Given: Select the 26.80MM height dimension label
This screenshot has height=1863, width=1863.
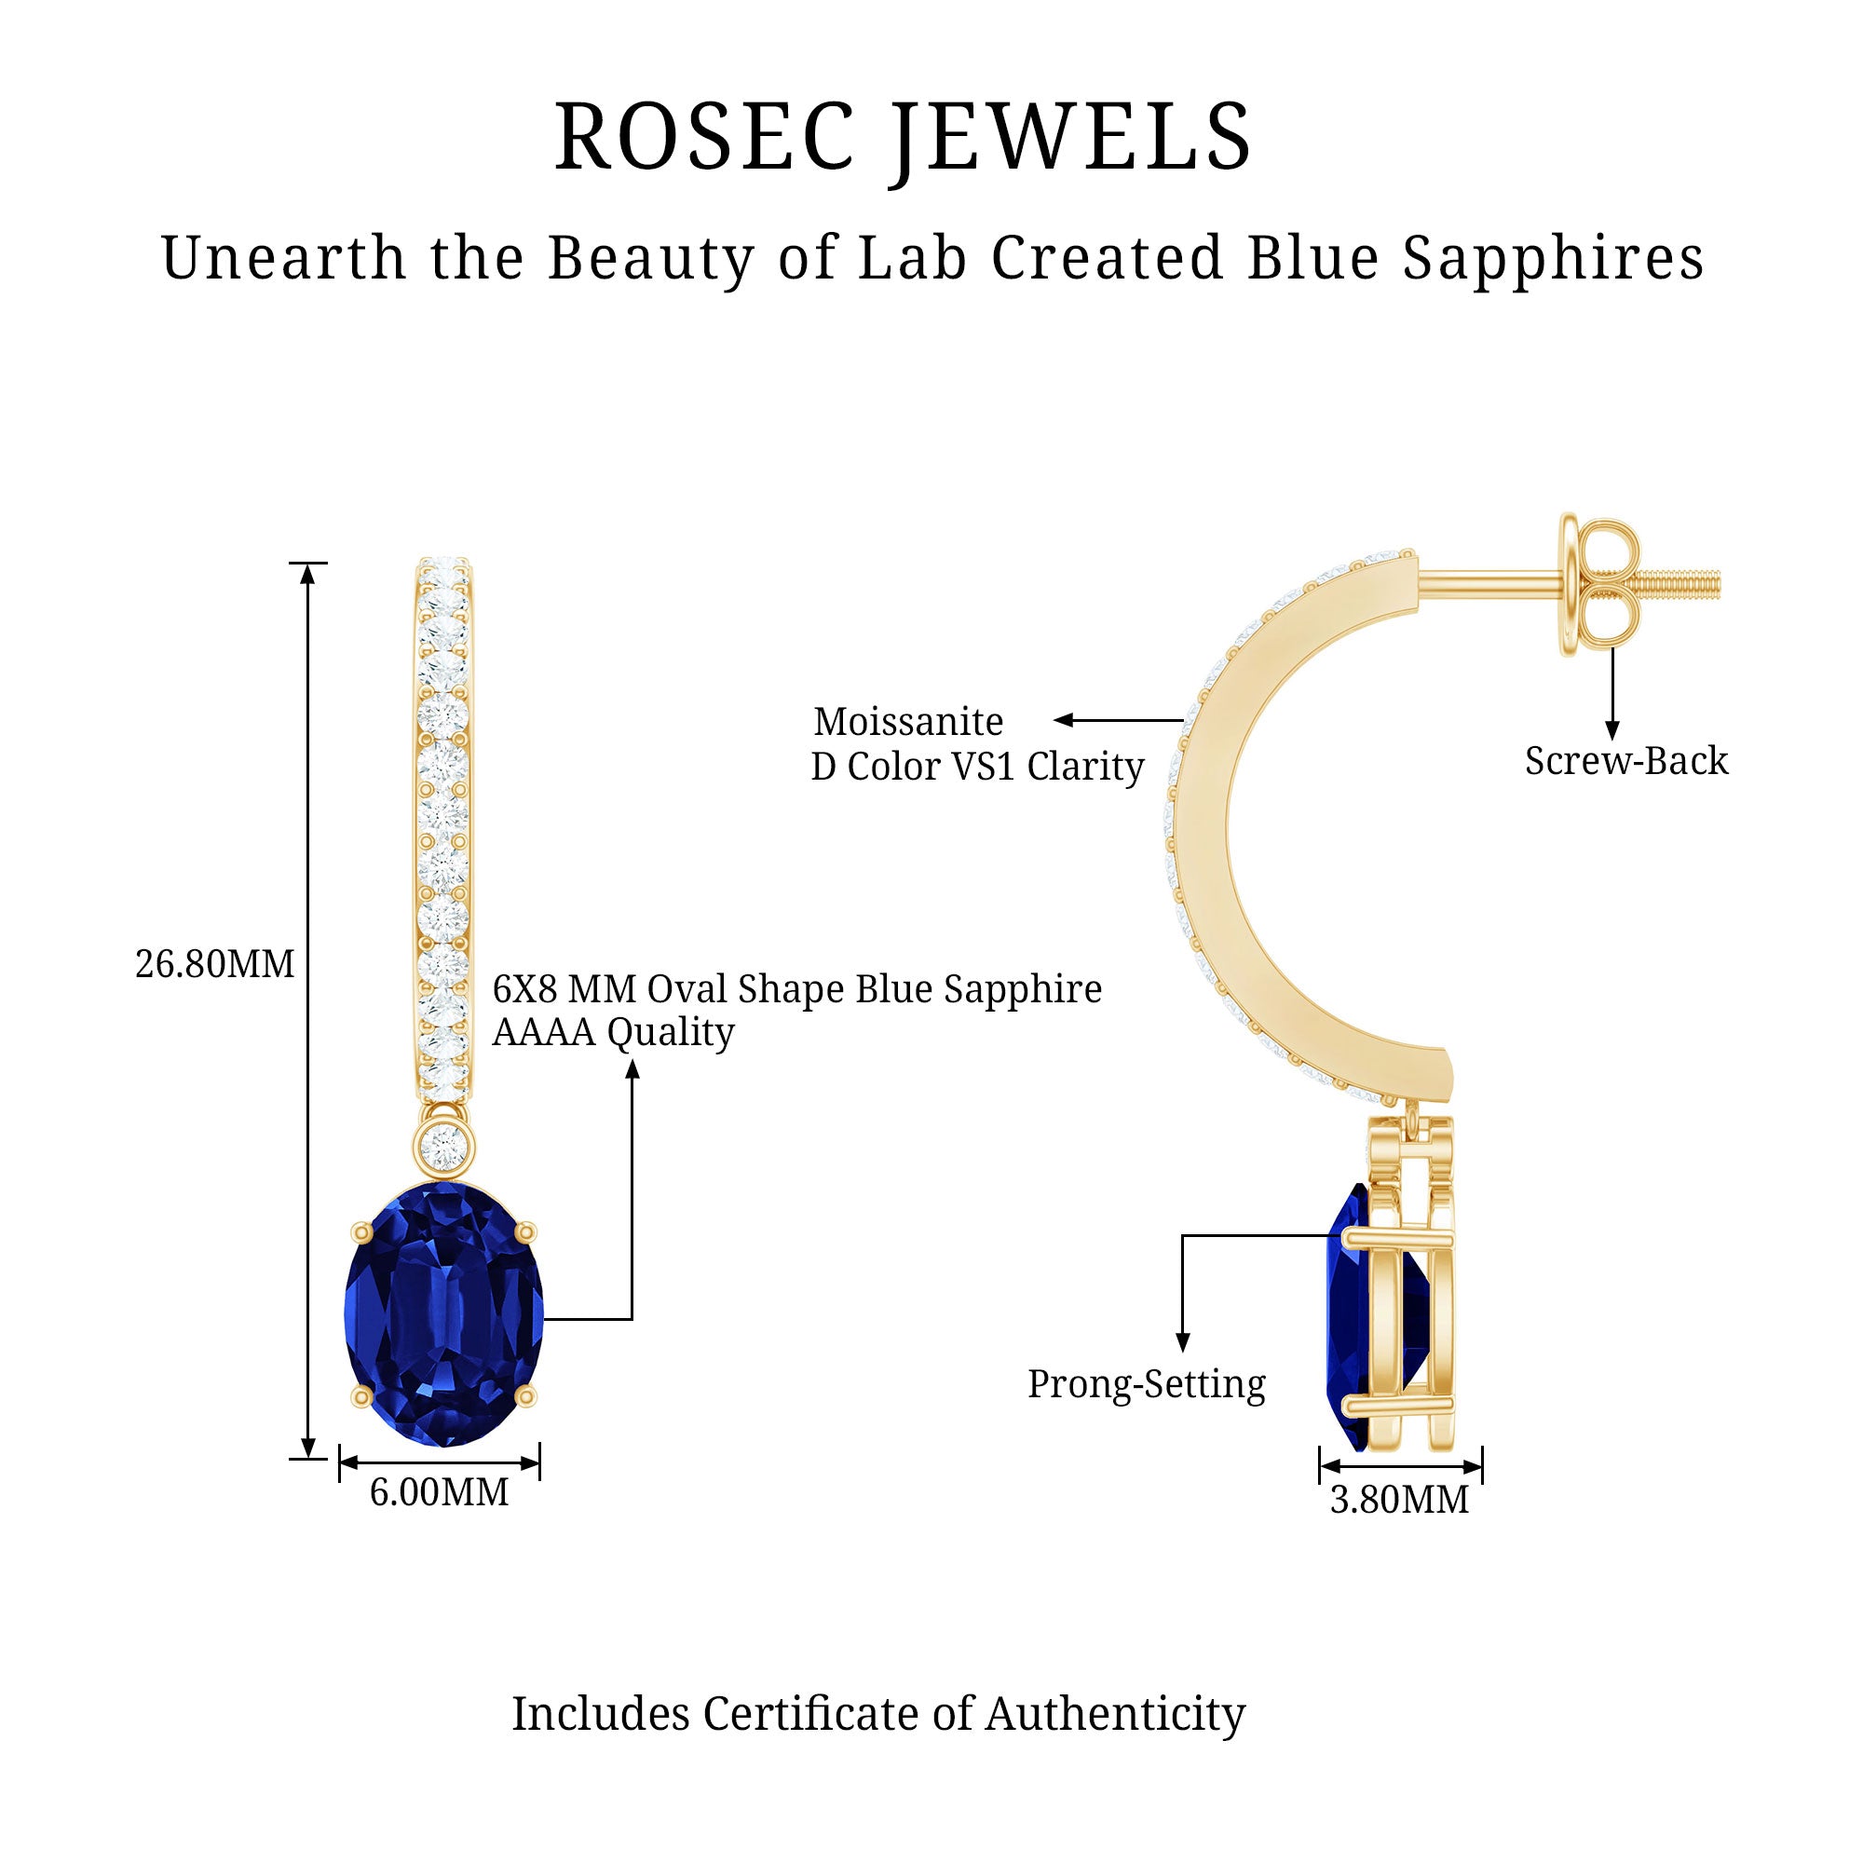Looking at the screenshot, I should [x=214, y=964].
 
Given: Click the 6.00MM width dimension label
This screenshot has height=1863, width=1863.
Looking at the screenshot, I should [x=439, y=1492].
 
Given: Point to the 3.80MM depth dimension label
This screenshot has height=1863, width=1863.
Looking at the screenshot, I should [x=1399, y=1500].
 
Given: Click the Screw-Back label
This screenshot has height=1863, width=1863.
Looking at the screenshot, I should [x=1625, y=761].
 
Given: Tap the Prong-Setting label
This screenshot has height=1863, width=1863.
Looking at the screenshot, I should [x=1146, y=1384].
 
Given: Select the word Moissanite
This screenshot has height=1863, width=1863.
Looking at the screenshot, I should [x=908, y=721].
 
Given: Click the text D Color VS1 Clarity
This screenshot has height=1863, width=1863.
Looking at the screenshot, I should [x=977, y=767].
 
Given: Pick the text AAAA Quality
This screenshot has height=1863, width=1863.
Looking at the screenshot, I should [x=613, y=1032].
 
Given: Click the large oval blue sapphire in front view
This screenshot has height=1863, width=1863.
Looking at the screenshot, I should [x=443, y=1316].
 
